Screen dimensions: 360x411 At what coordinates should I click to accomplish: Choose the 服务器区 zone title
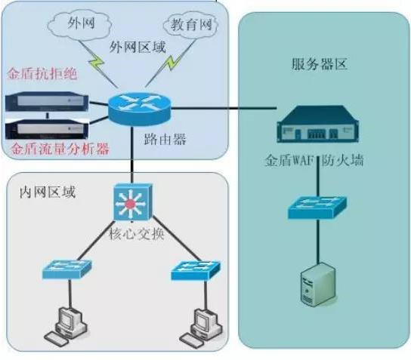pyautogui.click(x=320, y=64)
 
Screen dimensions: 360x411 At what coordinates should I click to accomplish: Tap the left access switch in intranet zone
pyautogui.click(x=66, y=268)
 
